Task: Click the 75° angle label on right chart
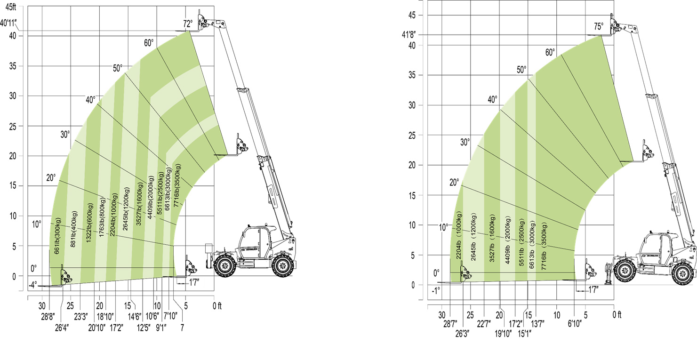click(598, 27)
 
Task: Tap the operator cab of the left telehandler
click(256, 241)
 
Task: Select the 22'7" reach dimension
click(484, 323)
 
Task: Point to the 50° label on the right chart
click(521, 70)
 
